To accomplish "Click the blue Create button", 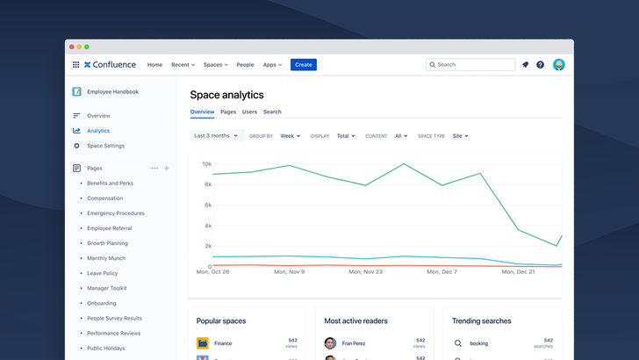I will pos(303,65).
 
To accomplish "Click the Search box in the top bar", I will pos(470,65).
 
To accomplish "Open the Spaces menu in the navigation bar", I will pos(215,65).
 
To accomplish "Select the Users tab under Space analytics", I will pos(249,112).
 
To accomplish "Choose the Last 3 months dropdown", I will pos(216,136).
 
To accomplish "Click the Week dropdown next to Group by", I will pos(290,136).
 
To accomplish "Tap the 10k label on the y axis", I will pos(206,164).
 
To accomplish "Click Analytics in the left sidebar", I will pos(98,131).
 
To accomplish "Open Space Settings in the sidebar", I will pos(105,146).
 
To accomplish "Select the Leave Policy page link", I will pos(102,273).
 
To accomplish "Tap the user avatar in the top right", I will pos(559,65).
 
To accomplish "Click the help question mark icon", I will pos(540,65).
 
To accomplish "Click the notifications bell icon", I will pos(525,65).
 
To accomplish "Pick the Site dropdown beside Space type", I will pos(460,136).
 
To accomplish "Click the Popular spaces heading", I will pos(221,321).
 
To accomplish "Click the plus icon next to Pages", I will pos(167,168).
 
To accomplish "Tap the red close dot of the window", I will pos(71,47).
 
